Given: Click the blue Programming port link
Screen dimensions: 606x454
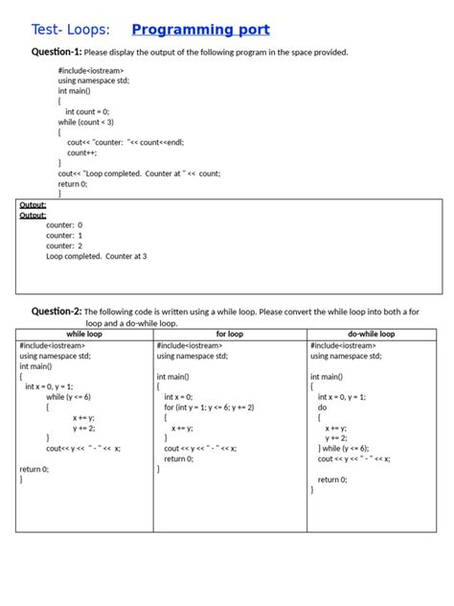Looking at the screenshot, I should coord(200,30).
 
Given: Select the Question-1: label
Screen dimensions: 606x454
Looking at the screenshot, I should coord(51,52).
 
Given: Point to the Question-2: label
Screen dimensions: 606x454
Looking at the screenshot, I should coord(57,311).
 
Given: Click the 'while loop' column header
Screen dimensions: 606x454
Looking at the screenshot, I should coord(84,334).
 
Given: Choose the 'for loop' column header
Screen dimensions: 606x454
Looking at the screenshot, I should coord(230,334).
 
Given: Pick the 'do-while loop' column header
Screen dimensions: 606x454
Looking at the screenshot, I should coord(372,334).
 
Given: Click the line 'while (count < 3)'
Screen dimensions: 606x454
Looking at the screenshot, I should coord(86,122).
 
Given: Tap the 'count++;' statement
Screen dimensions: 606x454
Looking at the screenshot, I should coord(82,151).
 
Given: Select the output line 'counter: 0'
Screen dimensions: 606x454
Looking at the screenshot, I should coord(64,224).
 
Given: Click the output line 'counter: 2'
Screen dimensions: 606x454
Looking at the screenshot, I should coord(64,245).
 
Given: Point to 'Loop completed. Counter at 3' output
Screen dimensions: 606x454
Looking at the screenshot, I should coord(96,256).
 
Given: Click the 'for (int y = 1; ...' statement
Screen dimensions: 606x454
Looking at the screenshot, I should coord(209,407).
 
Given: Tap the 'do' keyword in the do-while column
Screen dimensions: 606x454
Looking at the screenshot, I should coord(322,407).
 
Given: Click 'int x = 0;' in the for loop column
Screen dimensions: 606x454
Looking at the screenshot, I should coord(178,396).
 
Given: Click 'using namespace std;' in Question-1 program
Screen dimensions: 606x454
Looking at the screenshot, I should coord(93,82).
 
